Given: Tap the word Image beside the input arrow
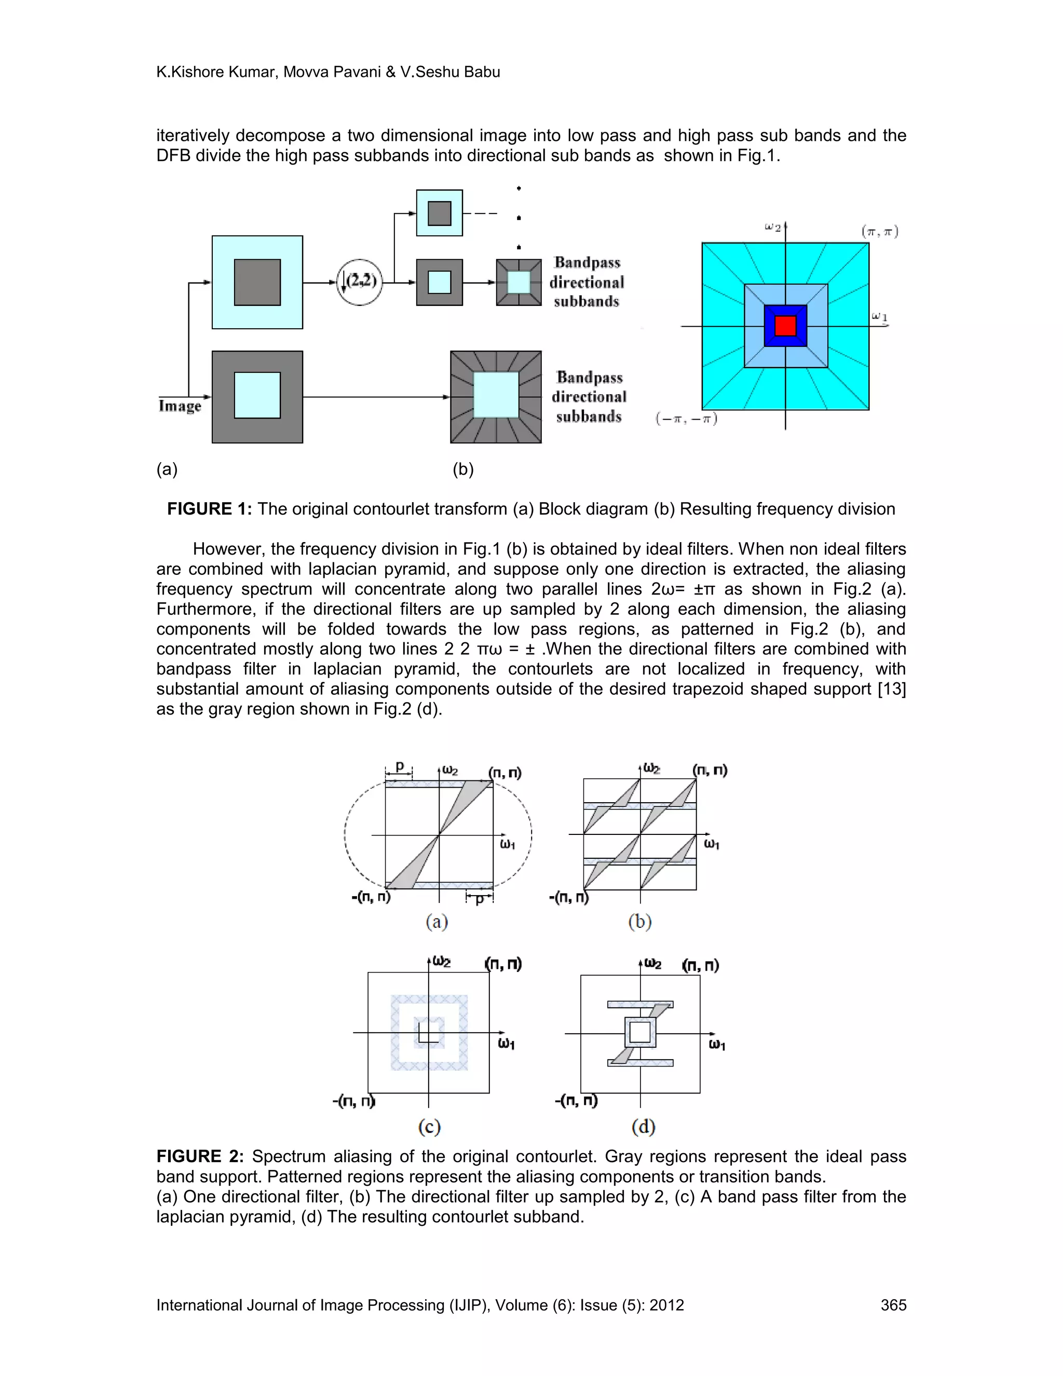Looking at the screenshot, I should (180, 406).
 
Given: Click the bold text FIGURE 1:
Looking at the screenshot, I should (209, 509).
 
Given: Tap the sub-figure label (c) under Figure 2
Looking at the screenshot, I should (429, 1127).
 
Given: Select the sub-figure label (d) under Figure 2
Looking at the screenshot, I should (643, 1127).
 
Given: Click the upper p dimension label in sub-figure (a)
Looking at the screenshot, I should (399, 767).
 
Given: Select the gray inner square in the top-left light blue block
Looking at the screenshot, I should (257, 282).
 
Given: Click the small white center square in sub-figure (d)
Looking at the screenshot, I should (640, 1033).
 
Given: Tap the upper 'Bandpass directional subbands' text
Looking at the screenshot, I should (587, 281).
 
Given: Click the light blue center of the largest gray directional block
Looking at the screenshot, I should (496, 395).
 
